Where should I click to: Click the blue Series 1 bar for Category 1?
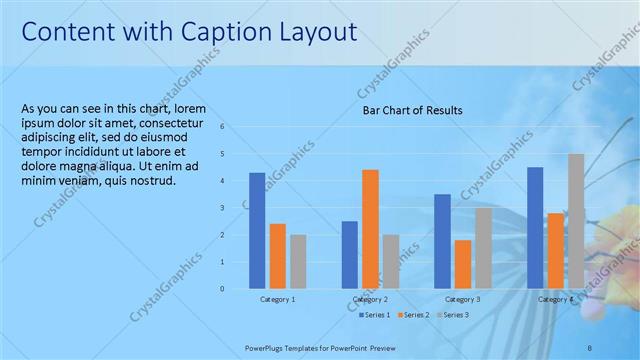point(257,231)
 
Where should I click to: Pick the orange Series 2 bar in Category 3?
point(463,264)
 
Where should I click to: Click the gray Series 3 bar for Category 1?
point(298,262)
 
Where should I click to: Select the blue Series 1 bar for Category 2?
point(349,255)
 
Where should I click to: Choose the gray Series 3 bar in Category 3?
point(483,248)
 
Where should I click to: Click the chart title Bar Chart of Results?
point(412,110)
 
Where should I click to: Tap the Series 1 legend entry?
point(375,315)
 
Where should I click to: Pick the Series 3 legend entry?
point(453,315)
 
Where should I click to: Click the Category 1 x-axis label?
point(277,299)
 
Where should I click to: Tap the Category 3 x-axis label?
point(462,299)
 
